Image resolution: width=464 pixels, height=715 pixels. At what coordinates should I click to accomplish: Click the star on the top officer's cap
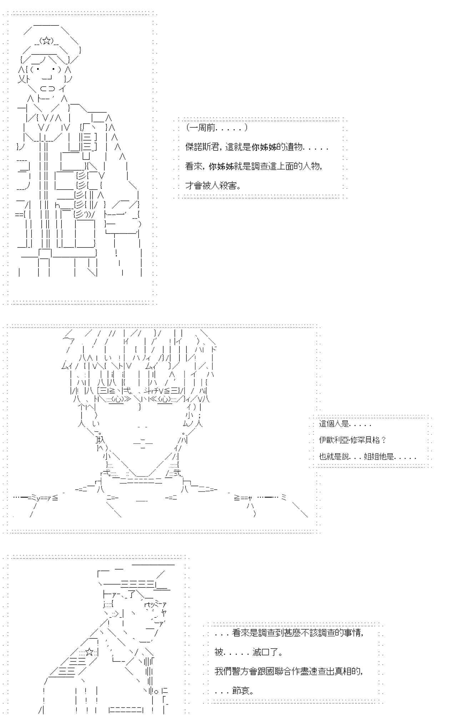(x=46, y=40)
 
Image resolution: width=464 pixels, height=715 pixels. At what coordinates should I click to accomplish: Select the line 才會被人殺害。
(x=213, y=185)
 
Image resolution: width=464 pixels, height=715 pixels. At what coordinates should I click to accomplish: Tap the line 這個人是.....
(x=334, y=424)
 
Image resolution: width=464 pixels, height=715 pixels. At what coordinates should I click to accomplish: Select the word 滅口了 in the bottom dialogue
(x=266, y=652)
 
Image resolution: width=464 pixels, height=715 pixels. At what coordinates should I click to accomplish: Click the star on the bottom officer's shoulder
(x=90, y=653)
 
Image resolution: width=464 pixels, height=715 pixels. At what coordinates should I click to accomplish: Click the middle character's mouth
(x=143, y=443)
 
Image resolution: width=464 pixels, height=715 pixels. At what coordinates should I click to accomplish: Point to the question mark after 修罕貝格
(x=384, y=440)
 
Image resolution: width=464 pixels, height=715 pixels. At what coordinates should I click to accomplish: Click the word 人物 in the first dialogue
(x=312, y=166)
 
